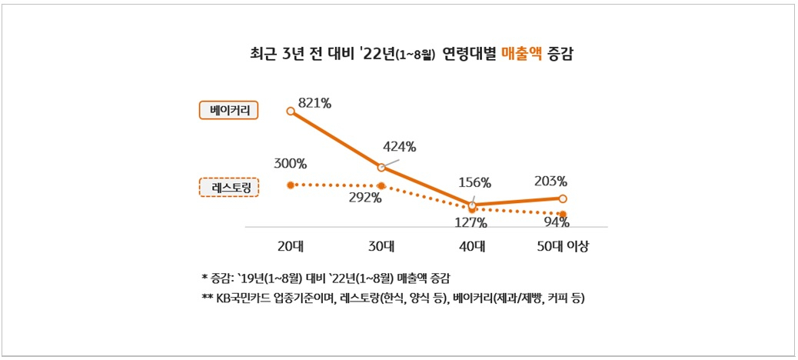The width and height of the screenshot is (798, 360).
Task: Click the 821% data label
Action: click(x=314, y=103)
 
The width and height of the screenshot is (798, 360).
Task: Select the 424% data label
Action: click(x=400, y=148)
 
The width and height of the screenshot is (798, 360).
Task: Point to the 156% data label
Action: click(x=474, y=182)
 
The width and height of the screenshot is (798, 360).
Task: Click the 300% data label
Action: click(x=290, y=164)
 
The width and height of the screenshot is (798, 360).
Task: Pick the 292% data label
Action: click(x=365, y=198)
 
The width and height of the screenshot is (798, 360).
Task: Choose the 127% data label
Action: click(x=470, y=222)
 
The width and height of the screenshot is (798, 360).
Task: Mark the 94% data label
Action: click(x=557, y=222)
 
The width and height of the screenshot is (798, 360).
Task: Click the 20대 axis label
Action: click(x=291, y=248)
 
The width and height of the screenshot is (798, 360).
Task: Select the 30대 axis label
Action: click(x=381, y=248)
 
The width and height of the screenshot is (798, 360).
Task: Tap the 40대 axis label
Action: click(x=472, y=248)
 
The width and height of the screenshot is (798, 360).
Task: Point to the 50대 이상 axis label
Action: click(x=563, y=248)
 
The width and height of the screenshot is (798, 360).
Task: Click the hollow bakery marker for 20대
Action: click(x=291, y=111)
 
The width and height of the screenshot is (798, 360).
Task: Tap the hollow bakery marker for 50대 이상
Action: click(x=563, y=198)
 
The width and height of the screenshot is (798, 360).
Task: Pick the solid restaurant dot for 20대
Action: click(x=291, y=185)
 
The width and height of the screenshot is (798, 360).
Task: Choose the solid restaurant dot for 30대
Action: click(x=381, y=186)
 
